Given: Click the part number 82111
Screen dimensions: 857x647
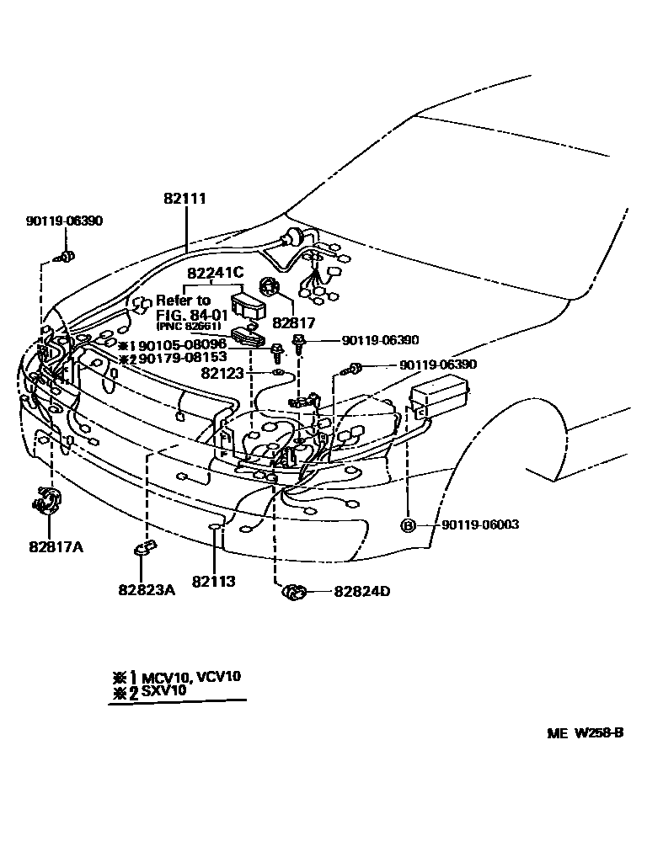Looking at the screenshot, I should [184, 200].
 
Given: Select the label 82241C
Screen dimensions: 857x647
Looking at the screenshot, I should [215, 273].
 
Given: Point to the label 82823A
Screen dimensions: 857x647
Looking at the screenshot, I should [147, 589].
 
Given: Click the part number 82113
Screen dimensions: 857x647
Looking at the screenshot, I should [213, 581].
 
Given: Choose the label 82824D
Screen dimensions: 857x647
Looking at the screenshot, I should [362, 591].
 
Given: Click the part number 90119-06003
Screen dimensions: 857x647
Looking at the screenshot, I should [480, 525].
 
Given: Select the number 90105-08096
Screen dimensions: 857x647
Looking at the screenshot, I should [182, 345].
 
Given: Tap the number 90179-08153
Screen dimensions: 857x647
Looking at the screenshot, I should [182, 358].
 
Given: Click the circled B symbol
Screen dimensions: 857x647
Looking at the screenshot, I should [408, 525].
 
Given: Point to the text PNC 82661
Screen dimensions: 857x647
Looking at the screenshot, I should [188, 326].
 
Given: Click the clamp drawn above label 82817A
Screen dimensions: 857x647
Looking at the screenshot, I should [46, 500].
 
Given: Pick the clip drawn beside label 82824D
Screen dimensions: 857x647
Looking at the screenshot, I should [293, 592].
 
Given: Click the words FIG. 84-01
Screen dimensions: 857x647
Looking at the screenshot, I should [184, 314].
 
